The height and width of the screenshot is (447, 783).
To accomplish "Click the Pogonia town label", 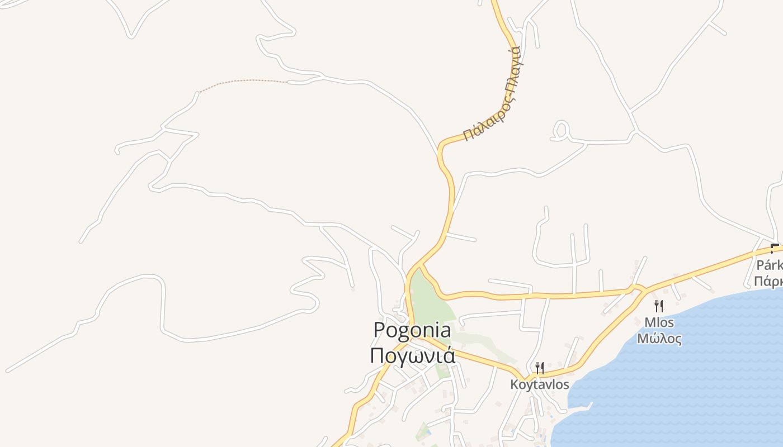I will [x=412, y=330].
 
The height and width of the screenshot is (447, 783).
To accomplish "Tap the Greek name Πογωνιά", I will [x=412, y=355].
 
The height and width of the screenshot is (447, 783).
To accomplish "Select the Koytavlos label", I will [x=540, y=384].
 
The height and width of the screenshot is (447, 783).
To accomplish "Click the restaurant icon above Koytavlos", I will [x=540, y=368].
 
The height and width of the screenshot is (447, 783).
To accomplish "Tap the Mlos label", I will [x=659, y=322].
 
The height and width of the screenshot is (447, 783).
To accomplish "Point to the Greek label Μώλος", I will [x=659, y=339].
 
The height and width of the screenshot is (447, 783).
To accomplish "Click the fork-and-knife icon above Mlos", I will [x=659, y=306].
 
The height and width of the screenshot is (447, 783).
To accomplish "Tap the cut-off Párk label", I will [x=770, y=264].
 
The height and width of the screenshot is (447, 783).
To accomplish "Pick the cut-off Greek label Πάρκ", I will [x=769, y=280].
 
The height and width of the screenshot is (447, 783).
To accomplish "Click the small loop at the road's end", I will [x=560, y=130].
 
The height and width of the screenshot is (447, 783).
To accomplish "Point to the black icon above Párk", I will [x=775, y=248].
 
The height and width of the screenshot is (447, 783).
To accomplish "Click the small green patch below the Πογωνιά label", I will [x=442, y=371].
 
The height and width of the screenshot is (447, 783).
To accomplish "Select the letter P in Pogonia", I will [x=380, y=330].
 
